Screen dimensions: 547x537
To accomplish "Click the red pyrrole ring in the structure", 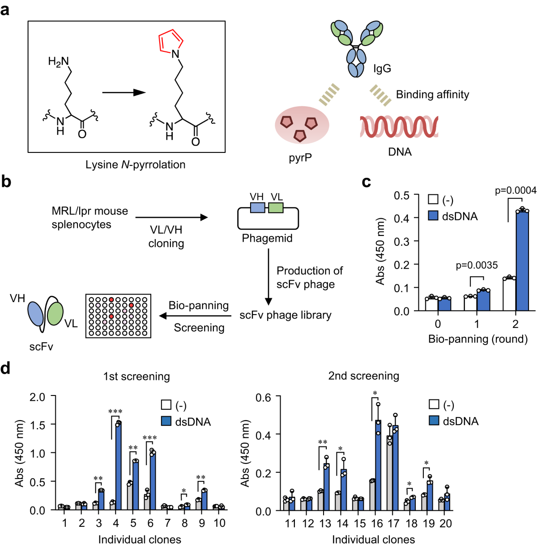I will (170, 41).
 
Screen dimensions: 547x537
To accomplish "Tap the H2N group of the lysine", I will (58, 61).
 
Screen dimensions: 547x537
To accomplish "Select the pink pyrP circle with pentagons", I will (302, 125).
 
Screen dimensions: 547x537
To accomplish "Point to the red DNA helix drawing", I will (399, 126).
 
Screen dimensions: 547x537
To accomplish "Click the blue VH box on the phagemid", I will (258, 207).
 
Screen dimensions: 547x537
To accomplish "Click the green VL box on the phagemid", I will (276, 207).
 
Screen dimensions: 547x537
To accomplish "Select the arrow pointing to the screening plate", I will (195, 316).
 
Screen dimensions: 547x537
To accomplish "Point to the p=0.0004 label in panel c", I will (515, 191).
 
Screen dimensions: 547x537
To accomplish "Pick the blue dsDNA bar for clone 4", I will (118, 465).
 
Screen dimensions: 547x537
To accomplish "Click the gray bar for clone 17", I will (390, 474).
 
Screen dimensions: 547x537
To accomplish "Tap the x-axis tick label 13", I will (325, 523).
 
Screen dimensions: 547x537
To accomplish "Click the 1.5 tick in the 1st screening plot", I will (38, 425).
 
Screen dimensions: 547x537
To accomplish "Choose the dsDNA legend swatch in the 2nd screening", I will (434, 421).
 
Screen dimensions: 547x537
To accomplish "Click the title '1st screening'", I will (136, 377).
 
